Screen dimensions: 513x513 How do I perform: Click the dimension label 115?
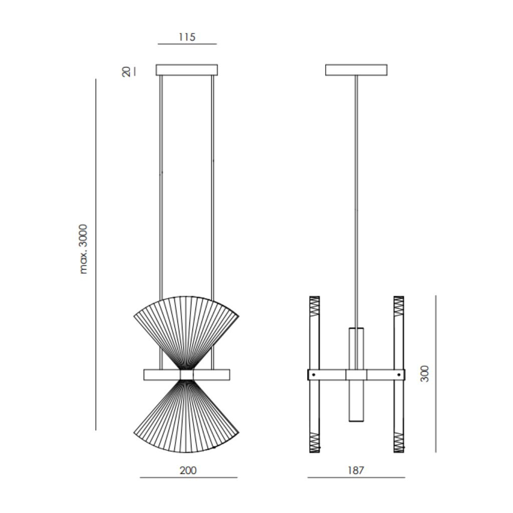(x=186, y=37)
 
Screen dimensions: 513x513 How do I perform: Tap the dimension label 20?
(x=127, y=71)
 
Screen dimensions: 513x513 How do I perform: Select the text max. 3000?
(x=84, y=249)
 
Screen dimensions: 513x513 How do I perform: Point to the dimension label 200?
(x=188, y=470)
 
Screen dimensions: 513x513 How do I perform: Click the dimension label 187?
(x=356, y=470)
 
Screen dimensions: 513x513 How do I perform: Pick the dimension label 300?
(x=425, y=374)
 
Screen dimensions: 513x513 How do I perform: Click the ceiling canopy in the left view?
(x=186, y=70)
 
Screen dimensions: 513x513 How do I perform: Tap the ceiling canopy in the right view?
(x=356, y=70)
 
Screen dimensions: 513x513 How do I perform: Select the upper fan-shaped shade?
(x=186, y=326)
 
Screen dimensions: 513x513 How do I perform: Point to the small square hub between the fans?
(x=186, y=375)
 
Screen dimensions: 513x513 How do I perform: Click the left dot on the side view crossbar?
(x=314, y=374)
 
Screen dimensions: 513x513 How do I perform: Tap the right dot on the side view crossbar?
(x=399, y=374)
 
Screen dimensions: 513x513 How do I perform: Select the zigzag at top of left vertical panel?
(x=314, y=305)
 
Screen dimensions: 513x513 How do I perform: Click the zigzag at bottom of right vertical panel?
(x=399, y=442)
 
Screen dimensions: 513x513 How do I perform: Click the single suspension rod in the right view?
(x=356, y=200)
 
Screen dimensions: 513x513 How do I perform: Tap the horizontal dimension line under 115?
(x=187, y=44)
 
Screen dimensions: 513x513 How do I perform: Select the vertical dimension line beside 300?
(x=435, y=374)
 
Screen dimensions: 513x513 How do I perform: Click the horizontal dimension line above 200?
(x=188, y=477)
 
